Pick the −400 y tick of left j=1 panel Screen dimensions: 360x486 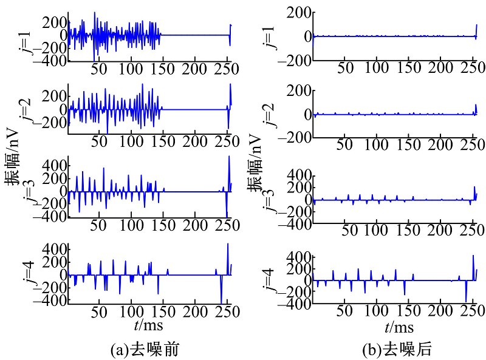coord(51,61)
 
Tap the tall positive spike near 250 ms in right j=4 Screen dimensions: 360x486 coord(473,256)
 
